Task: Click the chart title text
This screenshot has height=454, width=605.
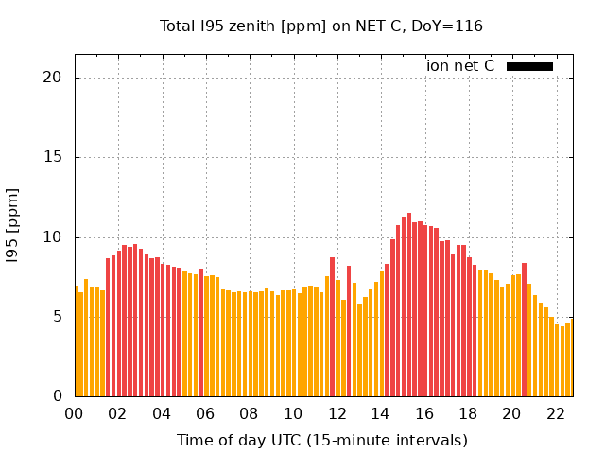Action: pos(321,26)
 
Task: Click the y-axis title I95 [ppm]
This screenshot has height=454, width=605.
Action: pos(13,226)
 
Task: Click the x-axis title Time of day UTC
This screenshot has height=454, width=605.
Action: pos(321,440)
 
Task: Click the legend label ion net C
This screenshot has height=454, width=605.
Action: pos(459,66)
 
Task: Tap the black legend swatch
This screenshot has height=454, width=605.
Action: pos(529,66)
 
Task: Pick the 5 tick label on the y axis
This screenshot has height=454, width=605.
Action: pos(58,316)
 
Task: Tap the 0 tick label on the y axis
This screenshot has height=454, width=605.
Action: pos(58,395)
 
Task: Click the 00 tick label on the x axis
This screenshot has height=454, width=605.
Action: pos(74,413)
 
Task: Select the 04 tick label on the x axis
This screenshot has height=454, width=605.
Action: pos(162,413)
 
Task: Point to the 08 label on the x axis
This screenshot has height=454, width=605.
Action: pos(249,413)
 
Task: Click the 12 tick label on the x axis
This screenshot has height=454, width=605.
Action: pos(337,413)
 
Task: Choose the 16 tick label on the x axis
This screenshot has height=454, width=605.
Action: pos(424,413)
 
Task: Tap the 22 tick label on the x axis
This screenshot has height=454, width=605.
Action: pos(556,413)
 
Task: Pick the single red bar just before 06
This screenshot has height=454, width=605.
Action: pos(200,332)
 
